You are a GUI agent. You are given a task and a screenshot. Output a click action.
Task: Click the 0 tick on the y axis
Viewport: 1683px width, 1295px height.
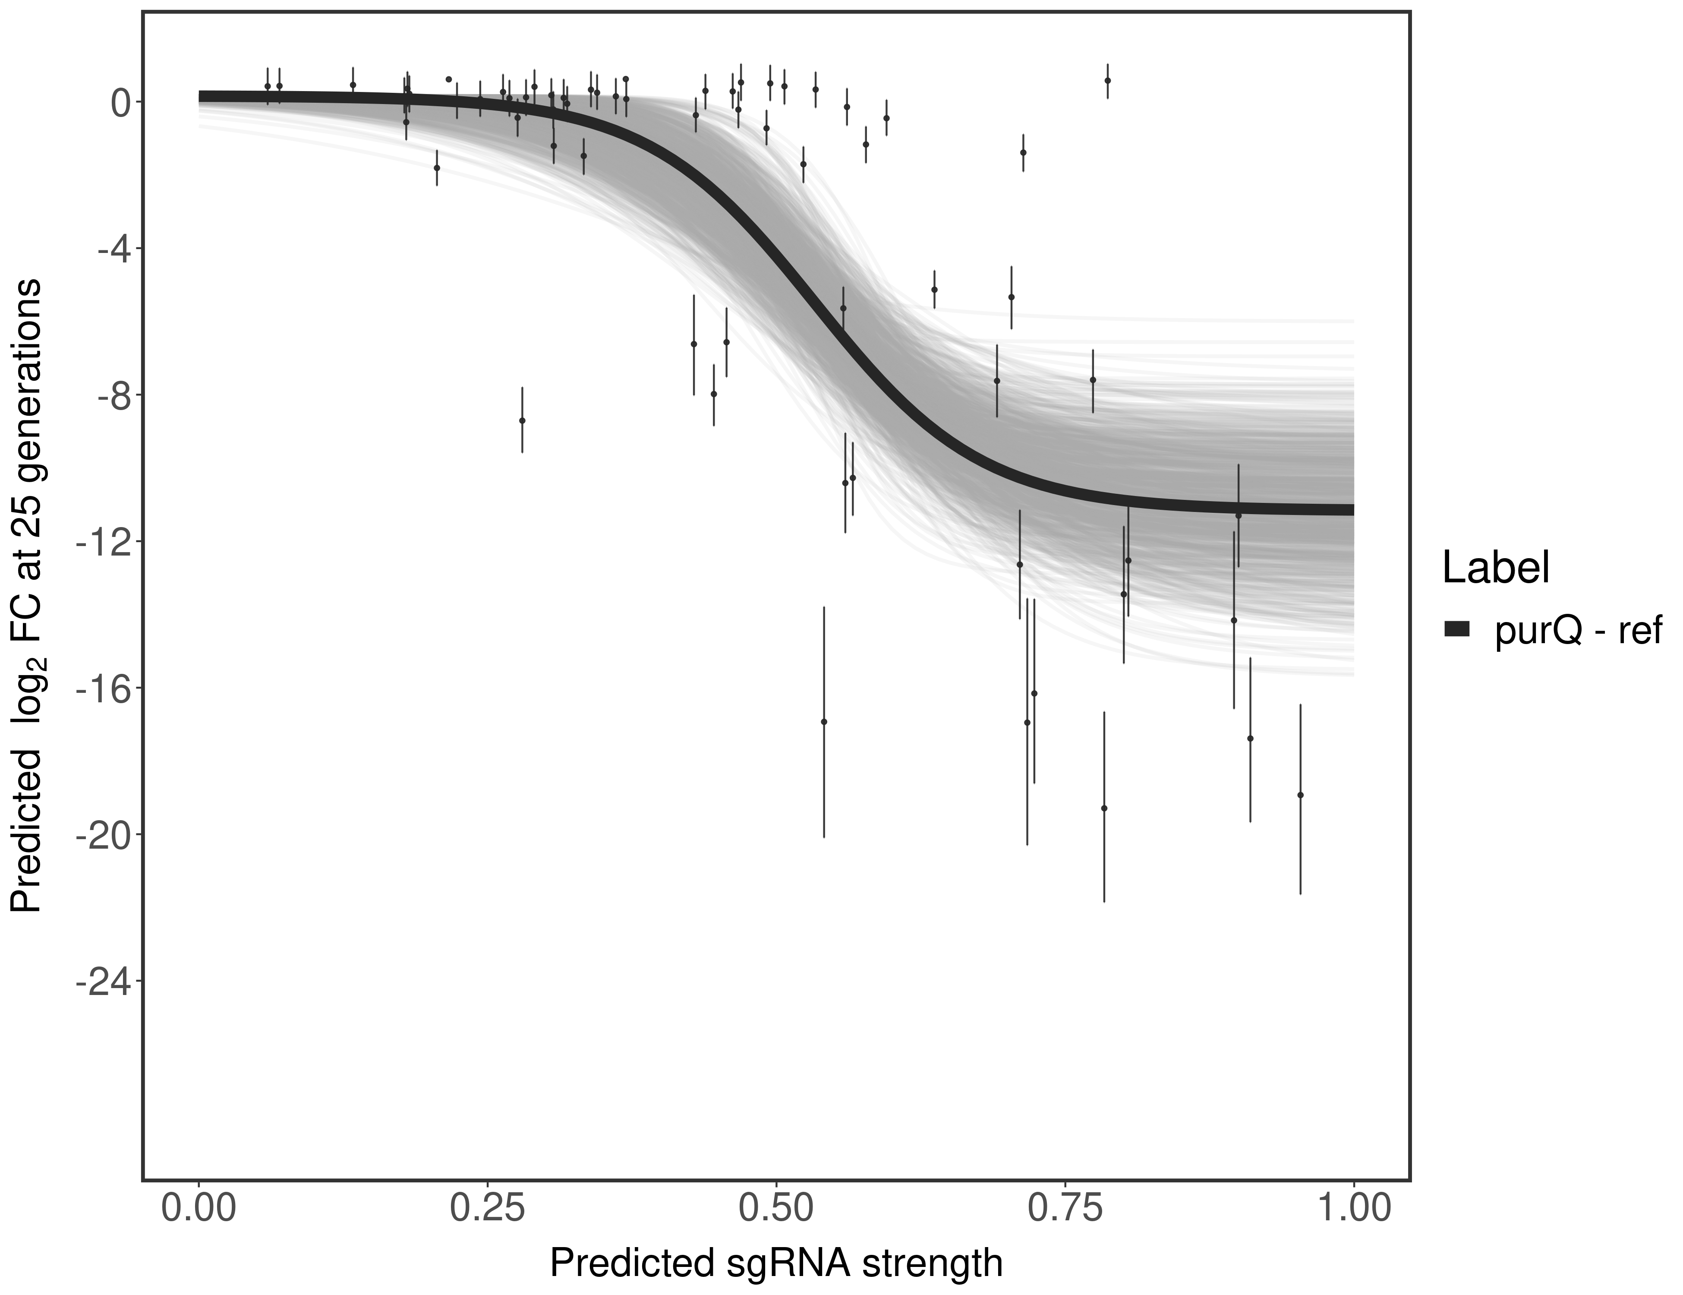[x=120, y=102]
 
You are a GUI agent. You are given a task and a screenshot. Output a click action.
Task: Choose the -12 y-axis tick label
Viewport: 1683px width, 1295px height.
[x=103, y=541]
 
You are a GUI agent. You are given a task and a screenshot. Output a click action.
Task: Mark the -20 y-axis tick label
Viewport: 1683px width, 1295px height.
[x=103, y=834]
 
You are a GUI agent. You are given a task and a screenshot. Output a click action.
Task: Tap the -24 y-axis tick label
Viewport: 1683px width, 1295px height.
[x=103, y=980]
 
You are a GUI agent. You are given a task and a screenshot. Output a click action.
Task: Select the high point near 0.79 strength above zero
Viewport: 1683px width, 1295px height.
[x=1107, y=80]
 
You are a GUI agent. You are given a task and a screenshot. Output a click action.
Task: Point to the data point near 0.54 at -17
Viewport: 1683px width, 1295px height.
[x=824, y=721]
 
